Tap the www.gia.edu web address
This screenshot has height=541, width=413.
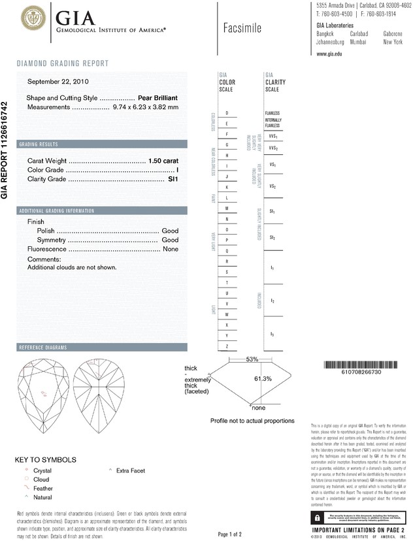coord(330,54)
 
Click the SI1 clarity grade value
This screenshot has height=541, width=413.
coord(173,178)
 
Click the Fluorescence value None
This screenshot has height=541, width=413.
coord(171,249)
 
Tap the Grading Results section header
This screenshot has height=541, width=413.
coord(39,144)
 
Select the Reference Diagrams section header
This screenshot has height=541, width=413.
coord(43,347)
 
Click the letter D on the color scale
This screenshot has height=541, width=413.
coord(227,113)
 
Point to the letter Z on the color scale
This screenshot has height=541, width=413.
coord(227,345)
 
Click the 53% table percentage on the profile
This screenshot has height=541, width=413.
coord(252,359)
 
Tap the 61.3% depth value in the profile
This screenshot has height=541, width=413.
coord(262,378)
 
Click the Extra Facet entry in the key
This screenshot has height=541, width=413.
coord(130,470)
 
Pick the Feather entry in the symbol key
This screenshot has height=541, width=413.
coord(42,488)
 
